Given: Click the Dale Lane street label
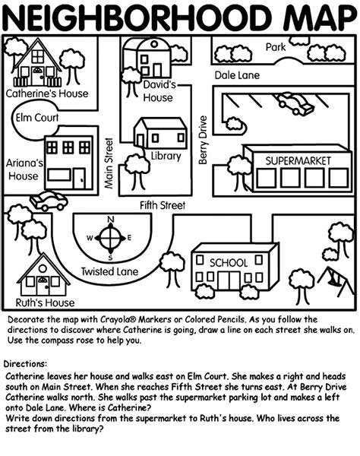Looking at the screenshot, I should click(236, 75).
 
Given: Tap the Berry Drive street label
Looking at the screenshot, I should click(203, 139).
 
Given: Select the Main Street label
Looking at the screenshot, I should click(109, 163).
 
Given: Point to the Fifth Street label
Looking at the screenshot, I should click(163, 205).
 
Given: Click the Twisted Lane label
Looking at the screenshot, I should click(109, 271).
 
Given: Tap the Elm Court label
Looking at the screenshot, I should click(36, 118).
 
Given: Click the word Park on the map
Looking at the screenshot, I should click(275, 47).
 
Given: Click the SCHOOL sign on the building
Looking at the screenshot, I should click(228, 262).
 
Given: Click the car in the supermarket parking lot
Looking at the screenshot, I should click(295, 103).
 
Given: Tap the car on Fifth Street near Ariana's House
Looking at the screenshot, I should click(48, 201).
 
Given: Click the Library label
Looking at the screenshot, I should click(166, 157).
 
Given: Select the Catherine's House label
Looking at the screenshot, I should click(46, 94).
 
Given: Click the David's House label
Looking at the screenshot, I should click(158, 91).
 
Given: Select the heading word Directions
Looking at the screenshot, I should click(27, 364).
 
